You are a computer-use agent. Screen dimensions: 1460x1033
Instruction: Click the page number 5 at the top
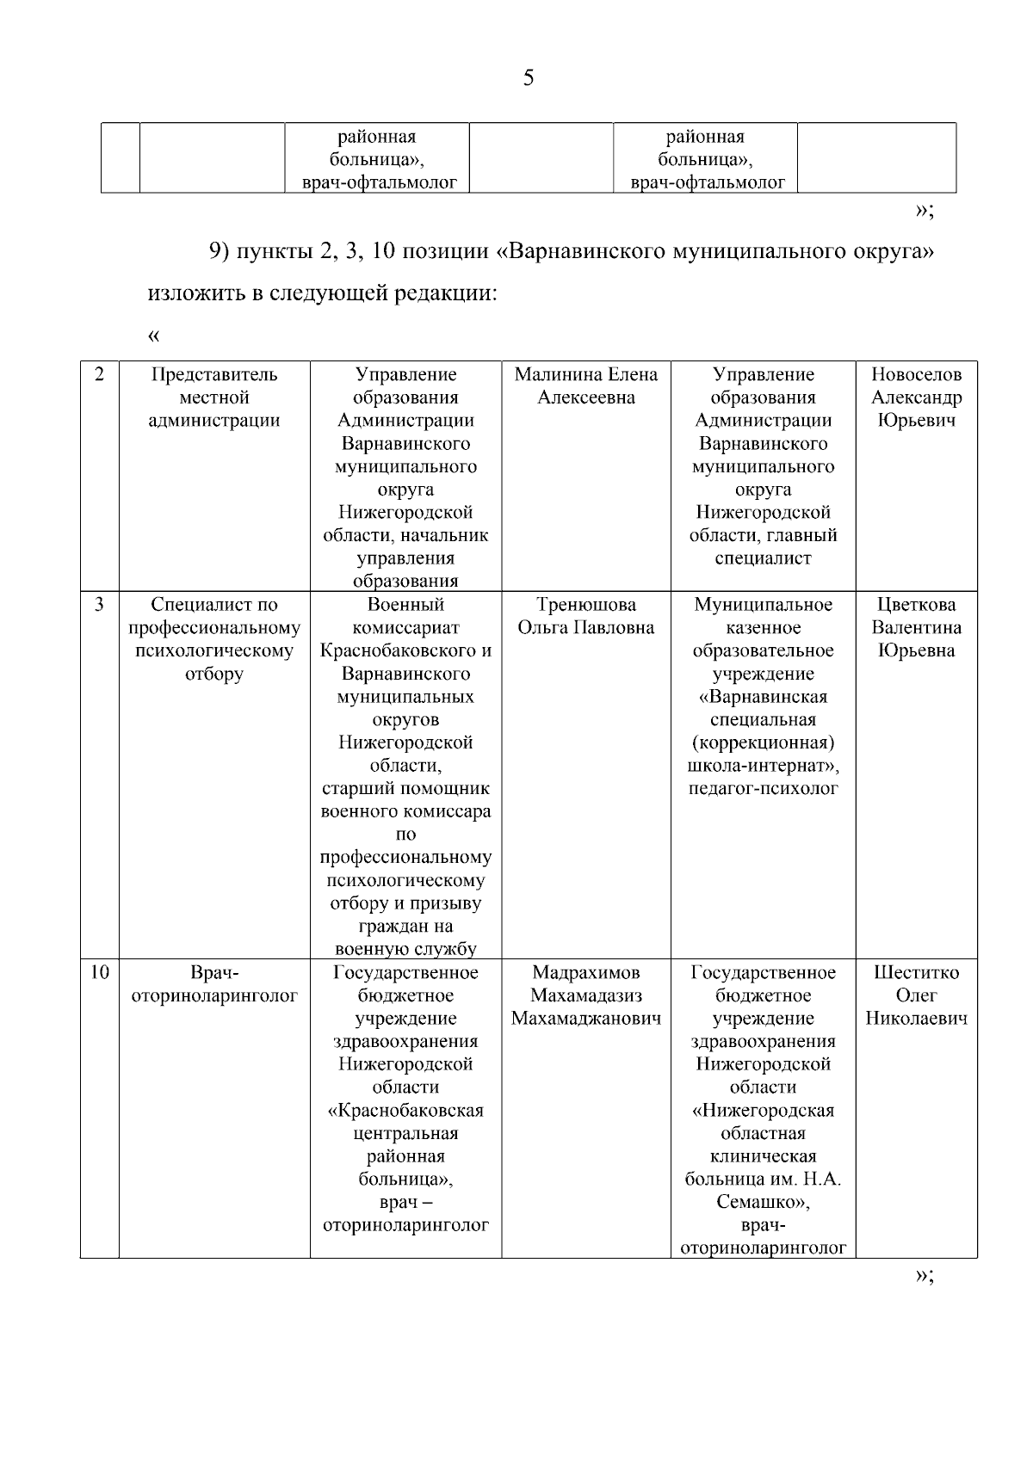(529, 79)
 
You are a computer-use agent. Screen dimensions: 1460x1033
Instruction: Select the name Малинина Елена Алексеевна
(585, 386)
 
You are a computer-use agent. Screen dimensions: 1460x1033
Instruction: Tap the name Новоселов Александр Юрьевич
(916, 397)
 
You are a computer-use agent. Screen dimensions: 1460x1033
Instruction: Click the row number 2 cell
(99, 375)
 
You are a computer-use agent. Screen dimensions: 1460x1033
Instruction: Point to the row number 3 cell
(99, 605)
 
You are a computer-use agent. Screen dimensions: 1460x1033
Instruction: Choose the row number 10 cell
(99, 973)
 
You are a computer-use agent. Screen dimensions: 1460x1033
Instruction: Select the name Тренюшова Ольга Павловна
(585, 616)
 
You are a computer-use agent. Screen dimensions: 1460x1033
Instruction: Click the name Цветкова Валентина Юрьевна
(916, 628)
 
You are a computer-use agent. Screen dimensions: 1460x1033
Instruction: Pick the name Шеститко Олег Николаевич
(916, 996)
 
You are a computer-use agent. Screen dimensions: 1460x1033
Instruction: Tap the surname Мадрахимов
(585, 973)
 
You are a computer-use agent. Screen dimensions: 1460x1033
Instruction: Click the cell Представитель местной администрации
(214, 397)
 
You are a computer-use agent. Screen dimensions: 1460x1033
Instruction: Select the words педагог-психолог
(763, 789)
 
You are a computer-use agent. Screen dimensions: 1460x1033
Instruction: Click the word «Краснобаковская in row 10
(405, 1111)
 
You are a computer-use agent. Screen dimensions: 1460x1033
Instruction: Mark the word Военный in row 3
(405, 605)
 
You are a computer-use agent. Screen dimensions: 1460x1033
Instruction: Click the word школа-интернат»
(763, 766)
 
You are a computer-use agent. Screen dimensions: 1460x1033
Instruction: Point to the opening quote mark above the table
(154, 336)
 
